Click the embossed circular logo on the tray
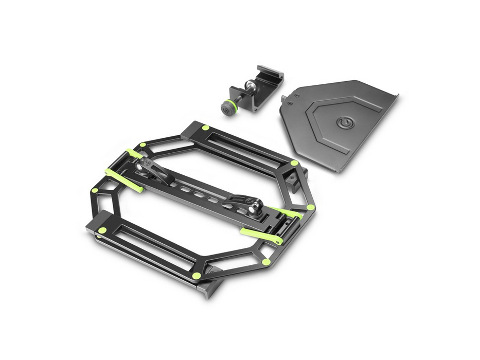[x=344, y=122]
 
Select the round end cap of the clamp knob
[x=225, y=109]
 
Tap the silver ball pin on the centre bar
[x=254, y=208]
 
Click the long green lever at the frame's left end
[x=123, y=179]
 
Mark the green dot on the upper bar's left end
[x=205, y=128]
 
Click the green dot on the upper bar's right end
[x=294, y=163]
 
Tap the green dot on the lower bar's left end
[x=102, y=230]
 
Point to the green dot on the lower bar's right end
[x=196, y=276]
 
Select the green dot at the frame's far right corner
[x=311, y=207]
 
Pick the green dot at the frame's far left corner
[x=95, y=190]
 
